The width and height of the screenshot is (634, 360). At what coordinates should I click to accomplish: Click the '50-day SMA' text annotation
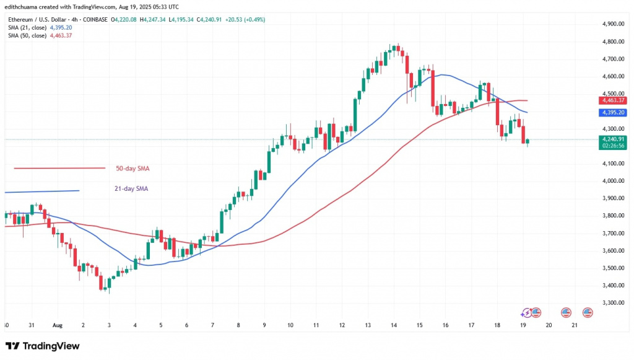tap(132, 168)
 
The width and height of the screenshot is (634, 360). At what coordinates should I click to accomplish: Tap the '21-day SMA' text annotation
tap(131, 188)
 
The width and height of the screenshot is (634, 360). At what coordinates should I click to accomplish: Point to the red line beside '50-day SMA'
tap(59, 168)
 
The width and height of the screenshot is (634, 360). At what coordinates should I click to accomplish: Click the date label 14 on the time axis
tap(393, 325)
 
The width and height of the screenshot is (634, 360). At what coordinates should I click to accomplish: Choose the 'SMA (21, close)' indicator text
tap(28, 28)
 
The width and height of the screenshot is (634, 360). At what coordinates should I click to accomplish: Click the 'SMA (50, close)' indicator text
tap(28, 35)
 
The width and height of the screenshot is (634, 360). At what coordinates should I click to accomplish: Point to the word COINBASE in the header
tap(92, 20)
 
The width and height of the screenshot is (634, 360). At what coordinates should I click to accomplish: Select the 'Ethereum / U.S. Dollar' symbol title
tap(38, 20)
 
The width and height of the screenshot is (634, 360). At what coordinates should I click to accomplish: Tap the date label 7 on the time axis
tap(212, 325)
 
